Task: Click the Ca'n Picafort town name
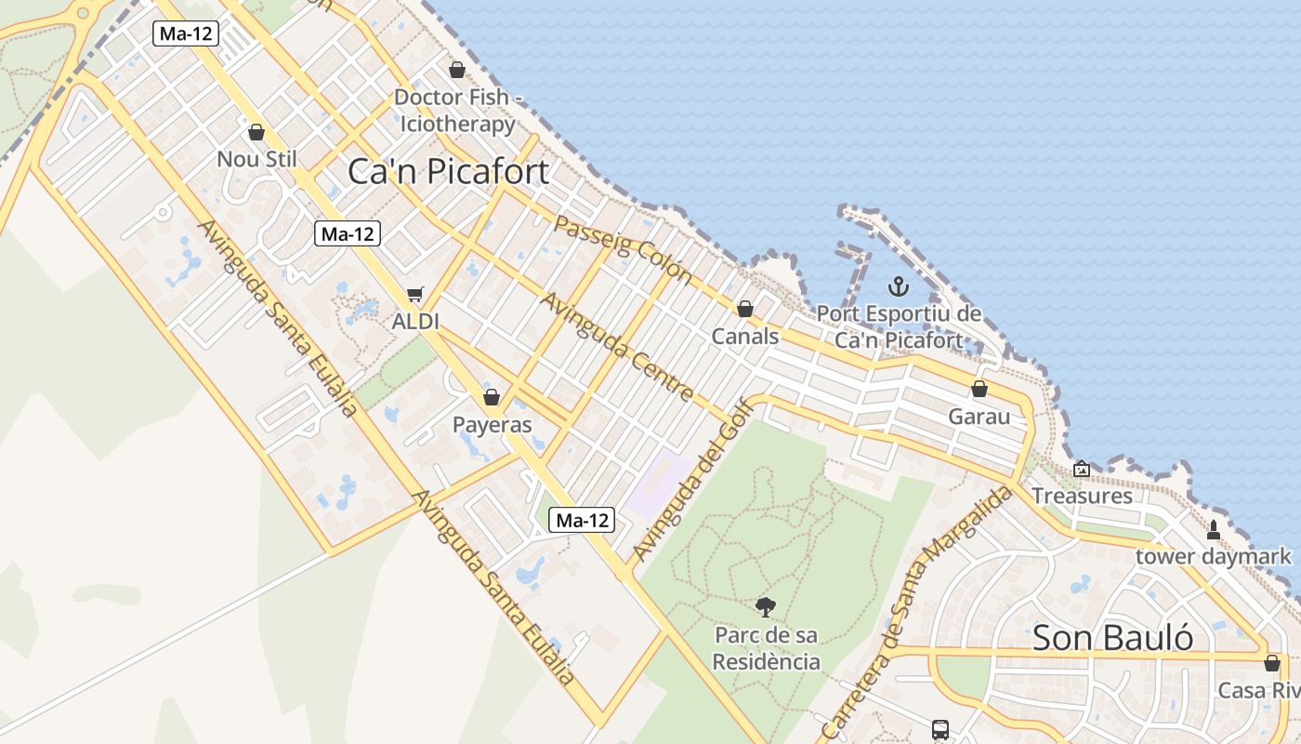click(448, 172)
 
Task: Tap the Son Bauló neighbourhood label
click(1112, 638)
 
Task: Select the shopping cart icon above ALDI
click(415, 295)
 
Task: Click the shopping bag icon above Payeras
click(492, 398)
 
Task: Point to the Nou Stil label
click(256, 159)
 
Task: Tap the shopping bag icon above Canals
click(745, 309)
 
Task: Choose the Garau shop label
click(979, 417)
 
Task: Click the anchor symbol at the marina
click(898, 286)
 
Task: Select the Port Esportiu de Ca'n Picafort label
click(899, 326)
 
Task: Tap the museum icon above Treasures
click(1081, 470)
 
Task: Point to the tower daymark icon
click(1213, 530)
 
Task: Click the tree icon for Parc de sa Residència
click(766, 607)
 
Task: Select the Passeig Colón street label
click(624, 247)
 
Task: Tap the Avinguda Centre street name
click(617, 347)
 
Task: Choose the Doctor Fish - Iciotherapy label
click(456, 111)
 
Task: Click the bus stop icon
click(940, 730)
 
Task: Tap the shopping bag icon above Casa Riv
click(1271, 663)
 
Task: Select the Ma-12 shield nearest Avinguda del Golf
click(582, 521)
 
